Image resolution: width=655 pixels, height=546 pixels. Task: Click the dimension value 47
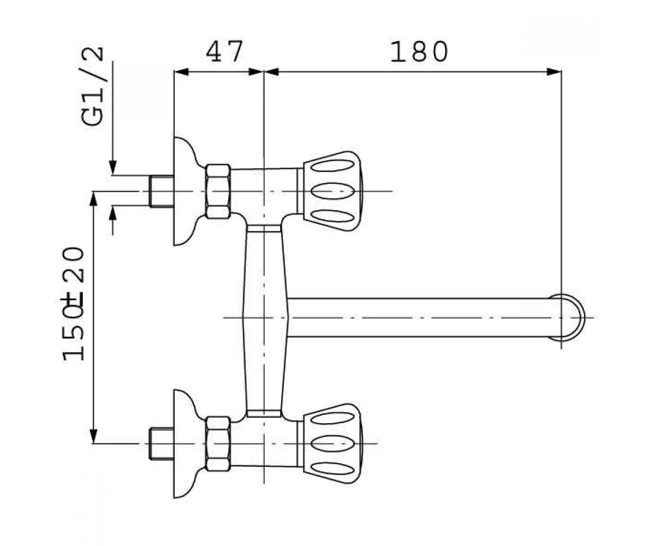[x=224, y=51]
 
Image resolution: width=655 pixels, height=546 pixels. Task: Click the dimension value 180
[x=419, y=51]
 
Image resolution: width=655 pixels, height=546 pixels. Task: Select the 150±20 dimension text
[x=73, y=304]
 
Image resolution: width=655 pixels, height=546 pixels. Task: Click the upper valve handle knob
[x=332, y=191]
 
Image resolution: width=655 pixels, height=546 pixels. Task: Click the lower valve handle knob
[x=332, y=444]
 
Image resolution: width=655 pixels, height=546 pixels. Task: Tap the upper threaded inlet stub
[x=162, y=191]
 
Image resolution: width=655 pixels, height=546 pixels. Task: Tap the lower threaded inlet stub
[x=162, y=444]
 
